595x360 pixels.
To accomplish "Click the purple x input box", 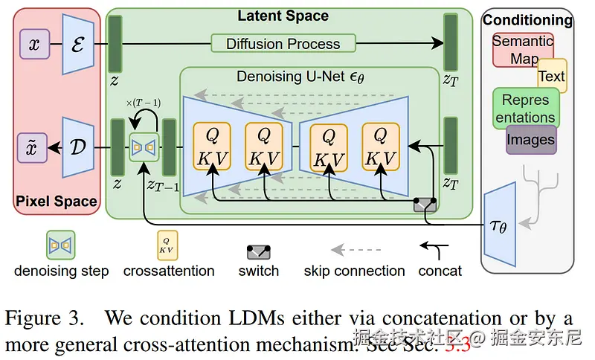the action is (34, 44).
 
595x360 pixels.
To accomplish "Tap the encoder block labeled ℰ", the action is (78, 45).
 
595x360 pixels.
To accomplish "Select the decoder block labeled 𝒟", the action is (78, 147).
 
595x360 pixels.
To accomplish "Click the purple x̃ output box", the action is (32, 147).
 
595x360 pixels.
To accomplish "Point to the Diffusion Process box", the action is (283, 44).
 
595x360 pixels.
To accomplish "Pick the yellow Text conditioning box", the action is (552, 76).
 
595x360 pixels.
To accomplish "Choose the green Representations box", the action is (526, 109).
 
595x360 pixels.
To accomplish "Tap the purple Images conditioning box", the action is (531, 140).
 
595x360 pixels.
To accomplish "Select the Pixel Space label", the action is (57, 201).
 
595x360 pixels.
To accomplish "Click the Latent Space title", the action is (283, 16).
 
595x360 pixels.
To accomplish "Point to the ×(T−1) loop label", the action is (144, 103).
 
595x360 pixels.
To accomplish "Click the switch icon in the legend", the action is (258, 252).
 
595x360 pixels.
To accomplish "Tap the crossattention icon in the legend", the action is (167, 245).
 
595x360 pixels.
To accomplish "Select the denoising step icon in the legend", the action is (61, 245).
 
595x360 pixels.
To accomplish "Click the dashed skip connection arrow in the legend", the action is (356, 250).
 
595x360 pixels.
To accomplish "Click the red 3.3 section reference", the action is (457, 344).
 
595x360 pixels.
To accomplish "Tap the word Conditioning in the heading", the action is (527, 20).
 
